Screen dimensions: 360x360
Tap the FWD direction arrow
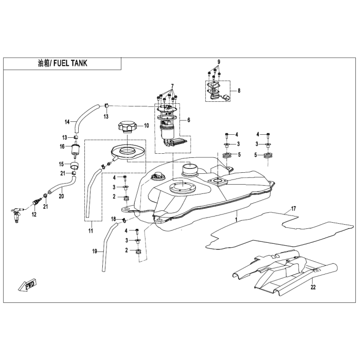tap(27, 285)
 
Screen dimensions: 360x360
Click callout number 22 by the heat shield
tap(313, 287)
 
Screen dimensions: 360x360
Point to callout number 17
tap(294, 209)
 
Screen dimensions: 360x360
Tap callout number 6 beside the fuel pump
tap(189, 120)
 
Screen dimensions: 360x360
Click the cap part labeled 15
tap(75, 165)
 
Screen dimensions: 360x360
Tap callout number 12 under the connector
tap(34, 214)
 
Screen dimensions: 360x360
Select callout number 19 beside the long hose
tap(95, 251)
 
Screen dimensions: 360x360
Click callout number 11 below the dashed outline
tap(91, 231)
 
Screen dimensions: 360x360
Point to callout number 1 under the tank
tap(236, 220)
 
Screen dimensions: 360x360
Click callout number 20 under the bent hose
tap(61, 196)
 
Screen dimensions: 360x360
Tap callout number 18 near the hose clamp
tap(114, 219)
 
